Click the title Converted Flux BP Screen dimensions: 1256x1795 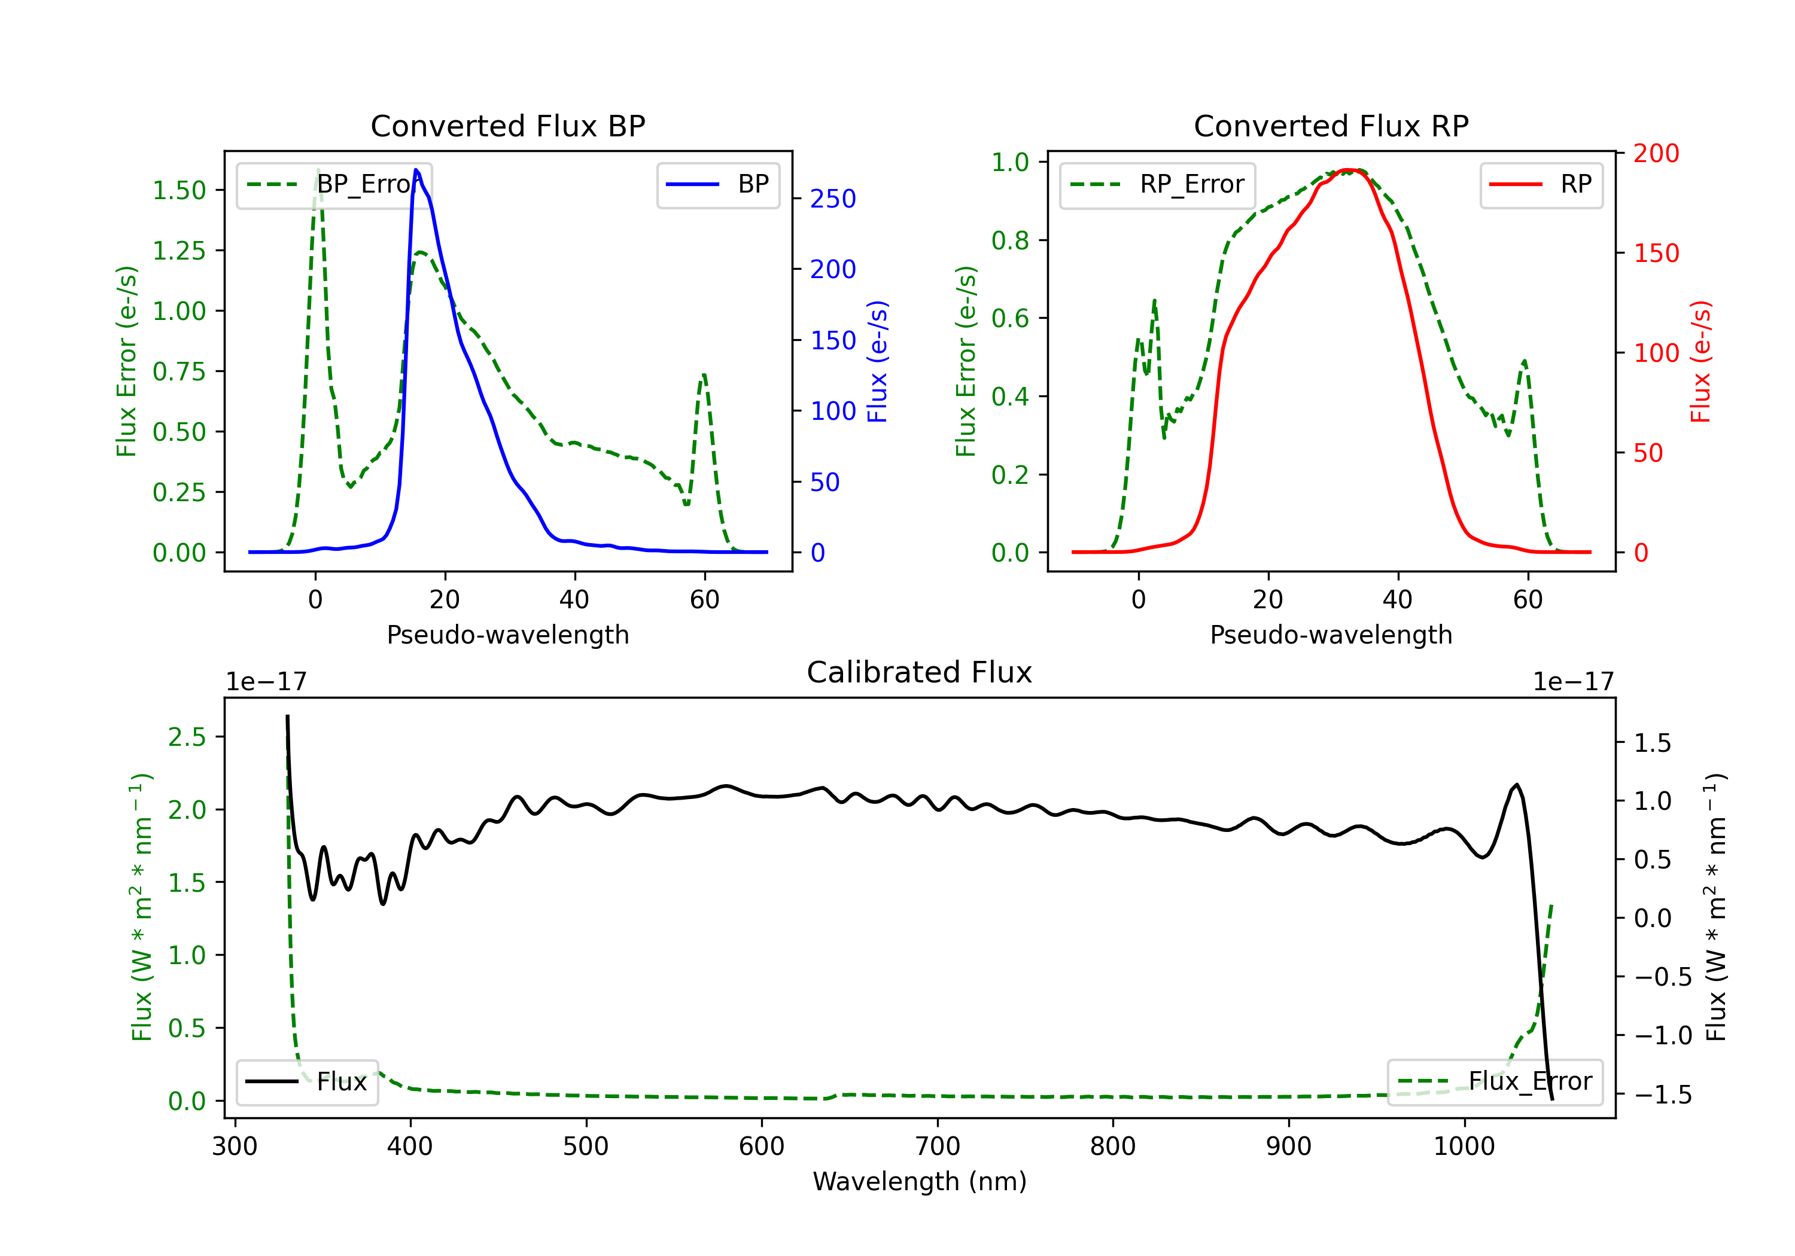pos(507,126)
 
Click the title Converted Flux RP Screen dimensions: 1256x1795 pos(1331,126)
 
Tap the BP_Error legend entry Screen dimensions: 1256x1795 pos(334,184)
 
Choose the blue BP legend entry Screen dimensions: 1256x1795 pos(717,184)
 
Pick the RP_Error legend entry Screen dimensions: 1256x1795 pos(1157,184)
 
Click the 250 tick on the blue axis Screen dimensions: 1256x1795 pos(833,199)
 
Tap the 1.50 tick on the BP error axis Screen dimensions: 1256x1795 pos(179,190)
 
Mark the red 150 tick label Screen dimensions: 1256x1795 pos(1656,253)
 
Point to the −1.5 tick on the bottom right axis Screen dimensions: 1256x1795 pos(1662,1094)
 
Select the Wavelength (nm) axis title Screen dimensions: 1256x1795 pos(920,1181)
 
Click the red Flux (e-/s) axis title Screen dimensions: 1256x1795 pos(1700,361)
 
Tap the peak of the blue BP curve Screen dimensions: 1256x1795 pos(416,170)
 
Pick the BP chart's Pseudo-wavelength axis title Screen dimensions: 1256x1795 pos(507,635)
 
